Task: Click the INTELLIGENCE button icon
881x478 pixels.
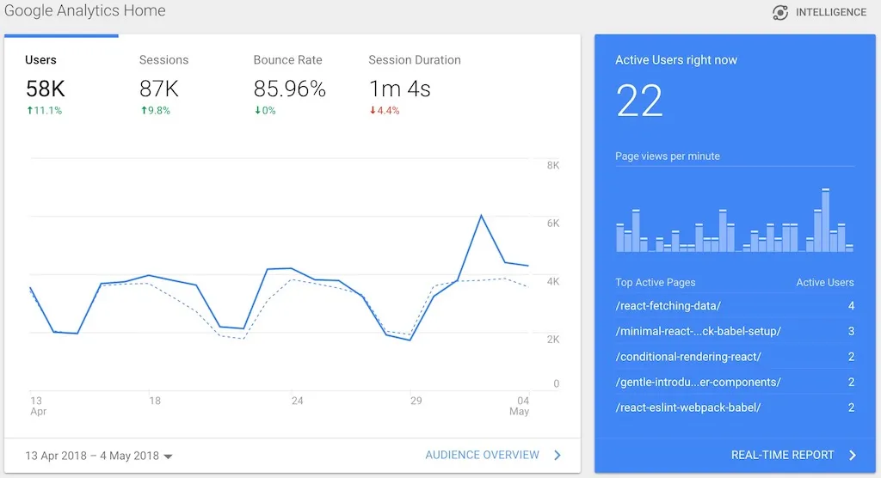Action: coord(780,13)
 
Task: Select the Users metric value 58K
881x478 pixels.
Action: coord(45,89)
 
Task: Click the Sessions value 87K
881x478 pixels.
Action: coord(159,89)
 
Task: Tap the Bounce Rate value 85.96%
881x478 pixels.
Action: coord(289,89)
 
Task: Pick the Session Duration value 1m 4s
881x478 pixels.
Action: coord(399,89)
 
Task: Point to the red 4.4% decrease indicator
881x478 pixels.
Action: coord(385,111)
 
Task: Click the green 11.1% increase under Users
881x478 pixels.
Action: coord(44,111)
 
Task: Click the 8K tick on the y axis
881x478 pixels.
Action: coord(552,165)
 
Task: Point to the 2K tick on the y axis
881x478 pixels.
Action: coord(552,339)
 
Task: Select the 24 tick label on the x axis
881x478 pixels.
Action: coord(297,401)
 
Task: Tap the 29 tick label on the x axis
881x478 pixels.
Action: coord(416,401)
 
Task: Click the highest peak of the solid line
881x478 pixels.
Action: coord(481,215)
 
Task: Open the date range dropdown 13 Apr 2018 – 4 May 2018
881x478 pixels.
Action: coord(99,456)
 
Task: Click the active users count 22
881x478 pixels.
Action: coord(639,101)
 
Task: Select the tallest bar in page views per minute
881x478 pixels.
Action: coord(826,220)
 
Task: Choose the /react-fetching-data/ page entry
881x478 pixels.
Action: coord(668,306)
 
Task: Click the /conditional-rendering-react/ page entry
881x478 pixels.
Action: coord(688,357)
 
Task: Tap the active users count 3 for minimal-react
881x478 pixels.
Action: coord(851,331)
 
